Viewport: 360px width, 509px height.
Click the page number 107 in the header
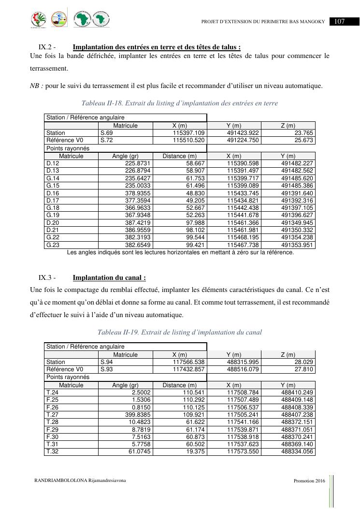[339, 21]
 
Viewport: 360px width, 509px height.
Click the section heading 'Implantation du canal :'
[109, 278]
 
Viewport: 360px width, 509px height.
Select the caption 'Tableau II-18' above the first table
[179, 103]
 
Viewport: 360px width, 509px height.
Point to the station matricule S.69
[106, 133]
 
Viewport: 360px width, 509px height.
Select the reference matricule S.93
[106, 369]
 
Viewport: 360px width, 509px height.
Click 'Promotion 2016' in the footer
[309, 481]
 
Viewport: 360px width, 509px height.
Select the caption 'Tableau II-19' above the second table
[179, 332]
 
